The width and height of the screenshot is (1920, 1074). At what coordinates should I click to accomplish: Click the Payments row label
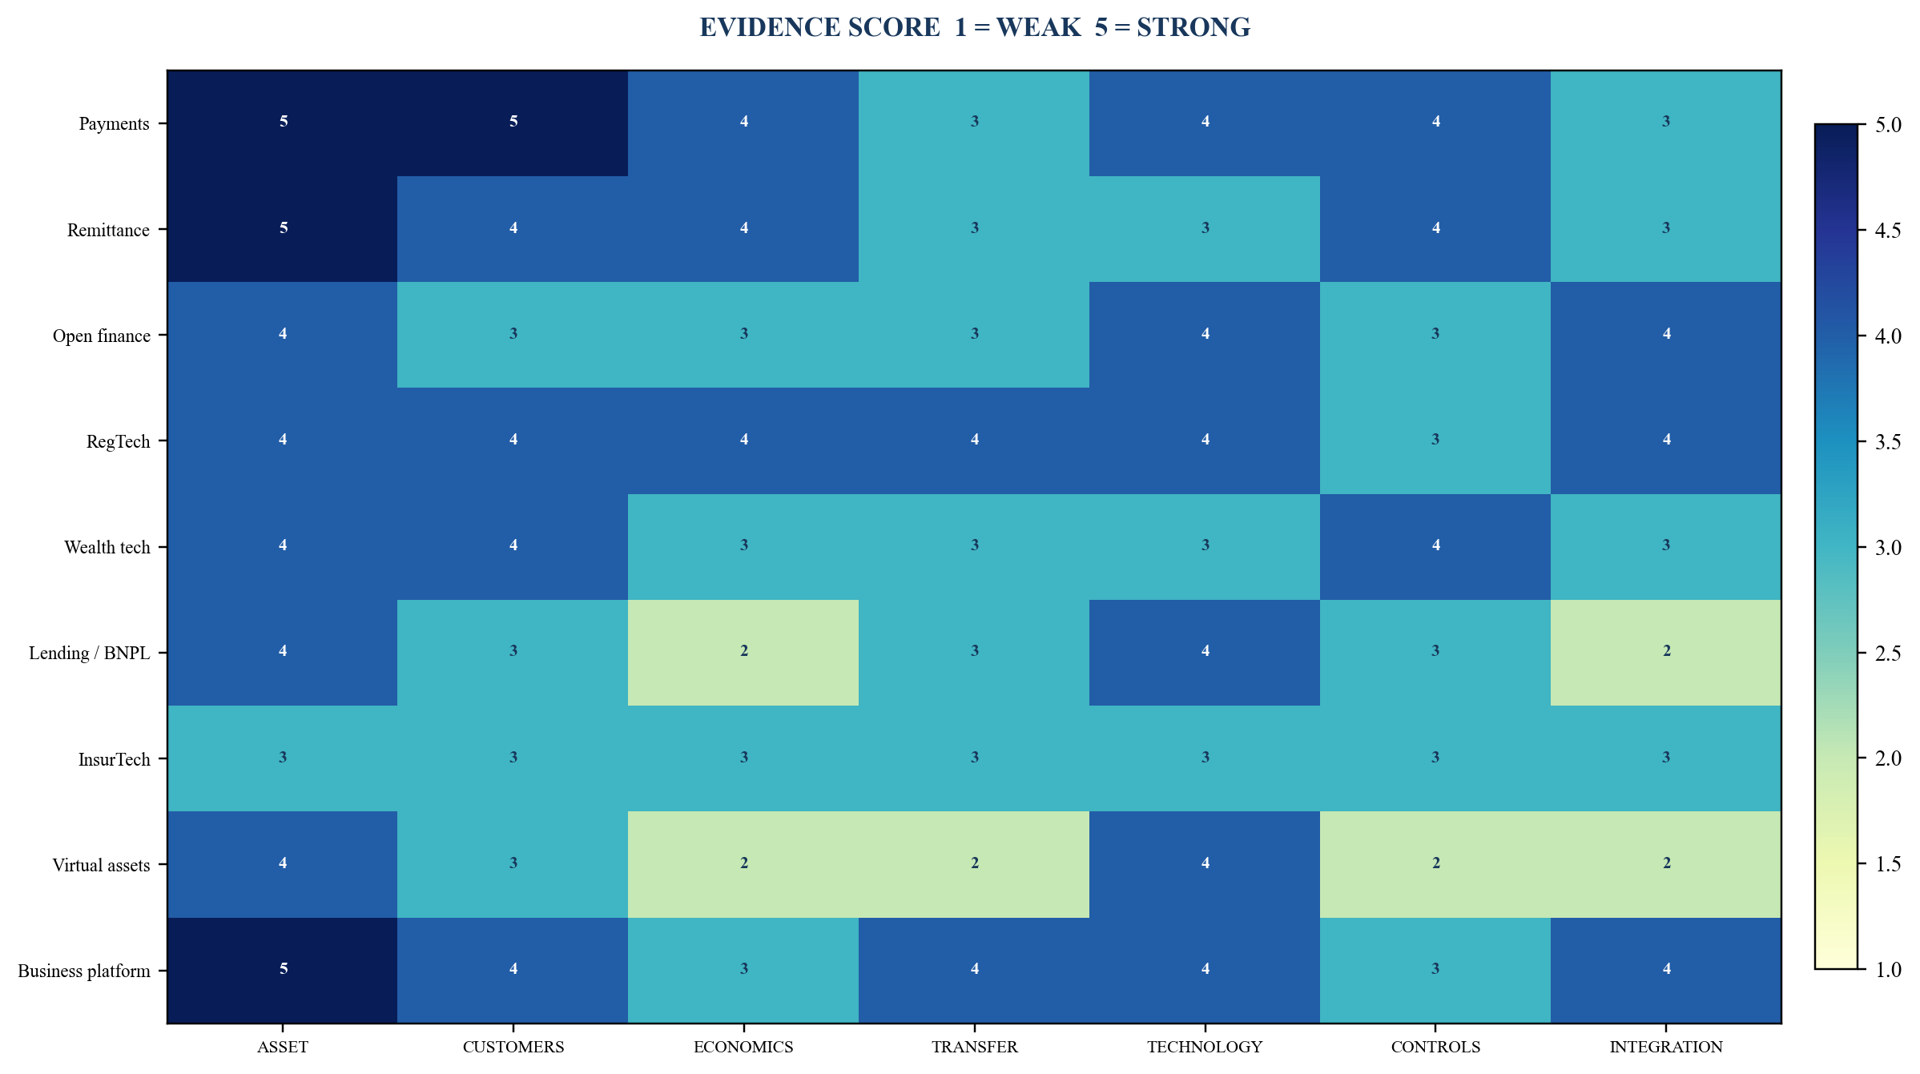tap(114, 124)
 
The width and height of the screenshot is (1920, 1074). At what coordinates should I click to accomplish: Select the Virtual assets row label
tap(101, 865)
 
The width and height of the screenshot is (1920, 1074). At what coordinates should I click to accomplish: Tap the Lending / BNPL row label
tap(89, 653)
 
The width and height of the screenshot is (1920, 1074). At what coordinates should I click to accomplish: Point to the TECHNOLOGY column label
tap(1205, 1047)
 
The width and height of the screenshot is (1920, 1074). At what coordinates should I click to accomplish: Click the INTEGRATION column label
tap(1666, 1047)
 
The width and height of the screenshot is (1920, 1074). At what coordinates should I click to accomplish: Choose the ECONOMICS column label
tap(743, 1047)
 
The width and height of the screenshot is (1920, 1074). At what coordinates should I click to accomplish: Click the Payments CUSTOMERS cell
tap(513, 123)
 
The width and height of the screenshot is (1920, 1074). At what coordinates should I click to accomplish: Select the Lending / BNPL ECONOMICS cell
tap(743, 653)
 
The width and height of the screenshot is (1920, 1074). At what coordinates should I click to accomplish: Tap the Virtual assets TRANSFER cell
tap(974, 864)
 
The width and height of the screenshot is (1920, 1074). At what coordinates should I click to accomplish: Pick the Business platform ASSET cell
tap(282, 971)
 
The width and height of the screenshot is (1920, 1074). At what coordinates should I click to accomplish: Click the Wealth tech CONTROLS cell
tap(1435, 547)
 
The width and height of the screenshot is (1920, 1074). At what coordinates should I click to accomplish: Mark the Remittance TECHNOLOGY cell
tap(1205, 229)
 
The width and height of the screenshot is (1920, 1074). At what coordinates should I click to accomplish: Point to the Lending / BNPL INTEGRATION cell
tap(1666, 653)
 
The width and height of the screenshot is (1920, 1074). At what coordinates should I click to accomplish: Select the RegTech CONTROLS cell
tap(1435, 441)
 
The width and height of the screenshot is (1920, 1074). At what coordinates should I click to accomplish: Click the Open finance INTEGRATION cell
tap(1666, 335)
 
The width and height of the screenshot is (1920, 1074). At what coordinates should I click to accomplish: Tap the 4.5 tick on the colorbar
tap(1863, 230)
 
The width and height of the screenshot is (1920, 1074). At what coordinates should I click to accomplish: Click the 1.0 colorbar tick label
tap(1888, 970)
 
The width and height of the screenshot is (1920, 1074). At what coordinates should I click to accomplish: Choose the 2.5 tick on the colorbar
tap(1863, 653)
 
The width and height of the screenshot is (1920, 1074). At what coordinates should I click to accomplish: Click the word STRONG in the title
tap(1193, 27)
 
